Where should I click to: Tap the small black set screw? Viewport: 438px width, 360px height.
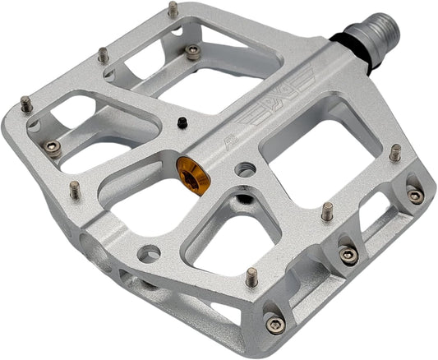click(180, 123)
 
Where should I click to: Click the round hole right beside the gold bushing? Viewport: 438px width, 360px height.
click(242, 170)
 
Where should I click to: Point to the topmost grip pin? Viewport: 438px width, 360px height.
click(173, 10)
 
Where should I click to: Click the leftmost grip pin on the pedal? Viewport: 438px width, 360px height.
click(25, 104)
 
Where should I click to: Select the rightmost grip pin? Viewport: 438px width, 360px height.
click(394, 153)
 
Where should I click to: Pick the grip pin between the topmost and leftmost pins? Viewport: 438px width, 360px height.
click(103, 55)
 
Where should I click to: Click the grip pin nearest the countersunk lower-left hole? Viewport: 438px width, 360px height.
click(75, 190)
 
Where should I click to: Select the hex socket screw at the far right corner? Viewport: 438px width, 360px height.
click(416, 196)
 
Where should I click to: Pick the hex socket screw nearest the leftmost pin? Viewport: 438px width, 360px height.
click(53, 146)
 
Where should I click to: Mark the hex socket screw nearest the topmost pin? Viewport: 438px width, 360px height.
click(192, 52)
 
